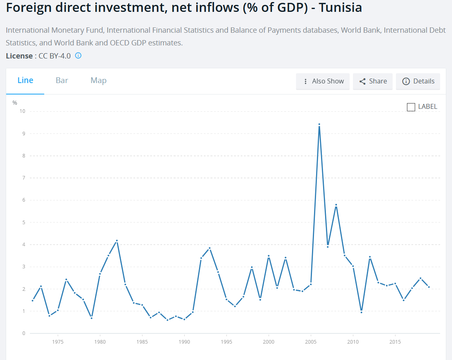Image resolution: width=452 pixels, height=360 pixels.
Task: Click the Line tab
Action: (x=25, y=81)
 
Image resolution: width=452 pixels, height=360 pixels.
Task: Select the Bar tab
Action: (x=62, y=81)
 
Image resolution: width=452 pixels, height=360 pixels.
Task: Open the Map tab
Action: (x=99, y=81)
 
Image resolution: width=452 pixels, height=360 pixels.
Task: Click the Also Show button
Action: (x=323, y=81)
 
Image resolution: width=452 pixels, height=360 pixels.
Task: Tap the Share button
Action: (x=373, y=81)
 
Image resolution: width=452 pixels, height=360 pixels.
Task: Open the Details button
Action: (x=418, y=81)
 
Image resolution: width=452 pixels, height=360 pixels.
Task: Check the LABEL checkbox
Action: (x=411, y=107)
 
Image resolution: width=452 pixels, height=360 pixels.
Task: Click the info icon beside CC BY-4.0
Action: (x=78, y=56)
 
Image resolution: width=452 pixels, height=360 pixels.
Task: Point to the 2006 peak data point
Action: (x=319, y=124)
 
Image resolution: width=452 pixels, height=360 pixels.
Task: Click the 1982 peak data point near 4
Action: (x=117, y=241)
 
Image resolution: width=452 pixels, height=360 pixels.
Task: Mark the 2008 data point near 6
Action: (x=336, y=205)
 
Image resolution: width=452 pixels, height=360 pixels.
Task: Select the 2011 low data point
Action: (x=361, y=312)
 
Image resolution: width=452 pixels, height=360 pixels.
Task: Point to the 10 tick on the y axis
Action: (x=23, y=111)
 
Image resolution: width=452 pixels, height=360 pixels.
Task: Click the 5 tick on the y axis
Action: (x=24, y=222)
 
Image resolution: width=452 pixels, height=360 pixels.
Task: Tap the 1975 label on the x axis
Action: (x=58, y=342)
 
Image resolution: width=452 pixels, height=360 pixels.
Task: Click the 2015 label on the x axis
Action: (x=395, y=342)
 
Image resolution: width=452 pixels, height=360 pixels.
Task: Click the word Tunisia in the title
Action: (x=339, y=8)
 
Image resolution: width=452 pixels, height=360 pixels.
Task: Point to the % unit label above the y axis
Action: (x=15, y=103)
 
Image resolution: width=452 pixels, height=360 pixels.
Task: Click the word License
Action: (x=19, y=56)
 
